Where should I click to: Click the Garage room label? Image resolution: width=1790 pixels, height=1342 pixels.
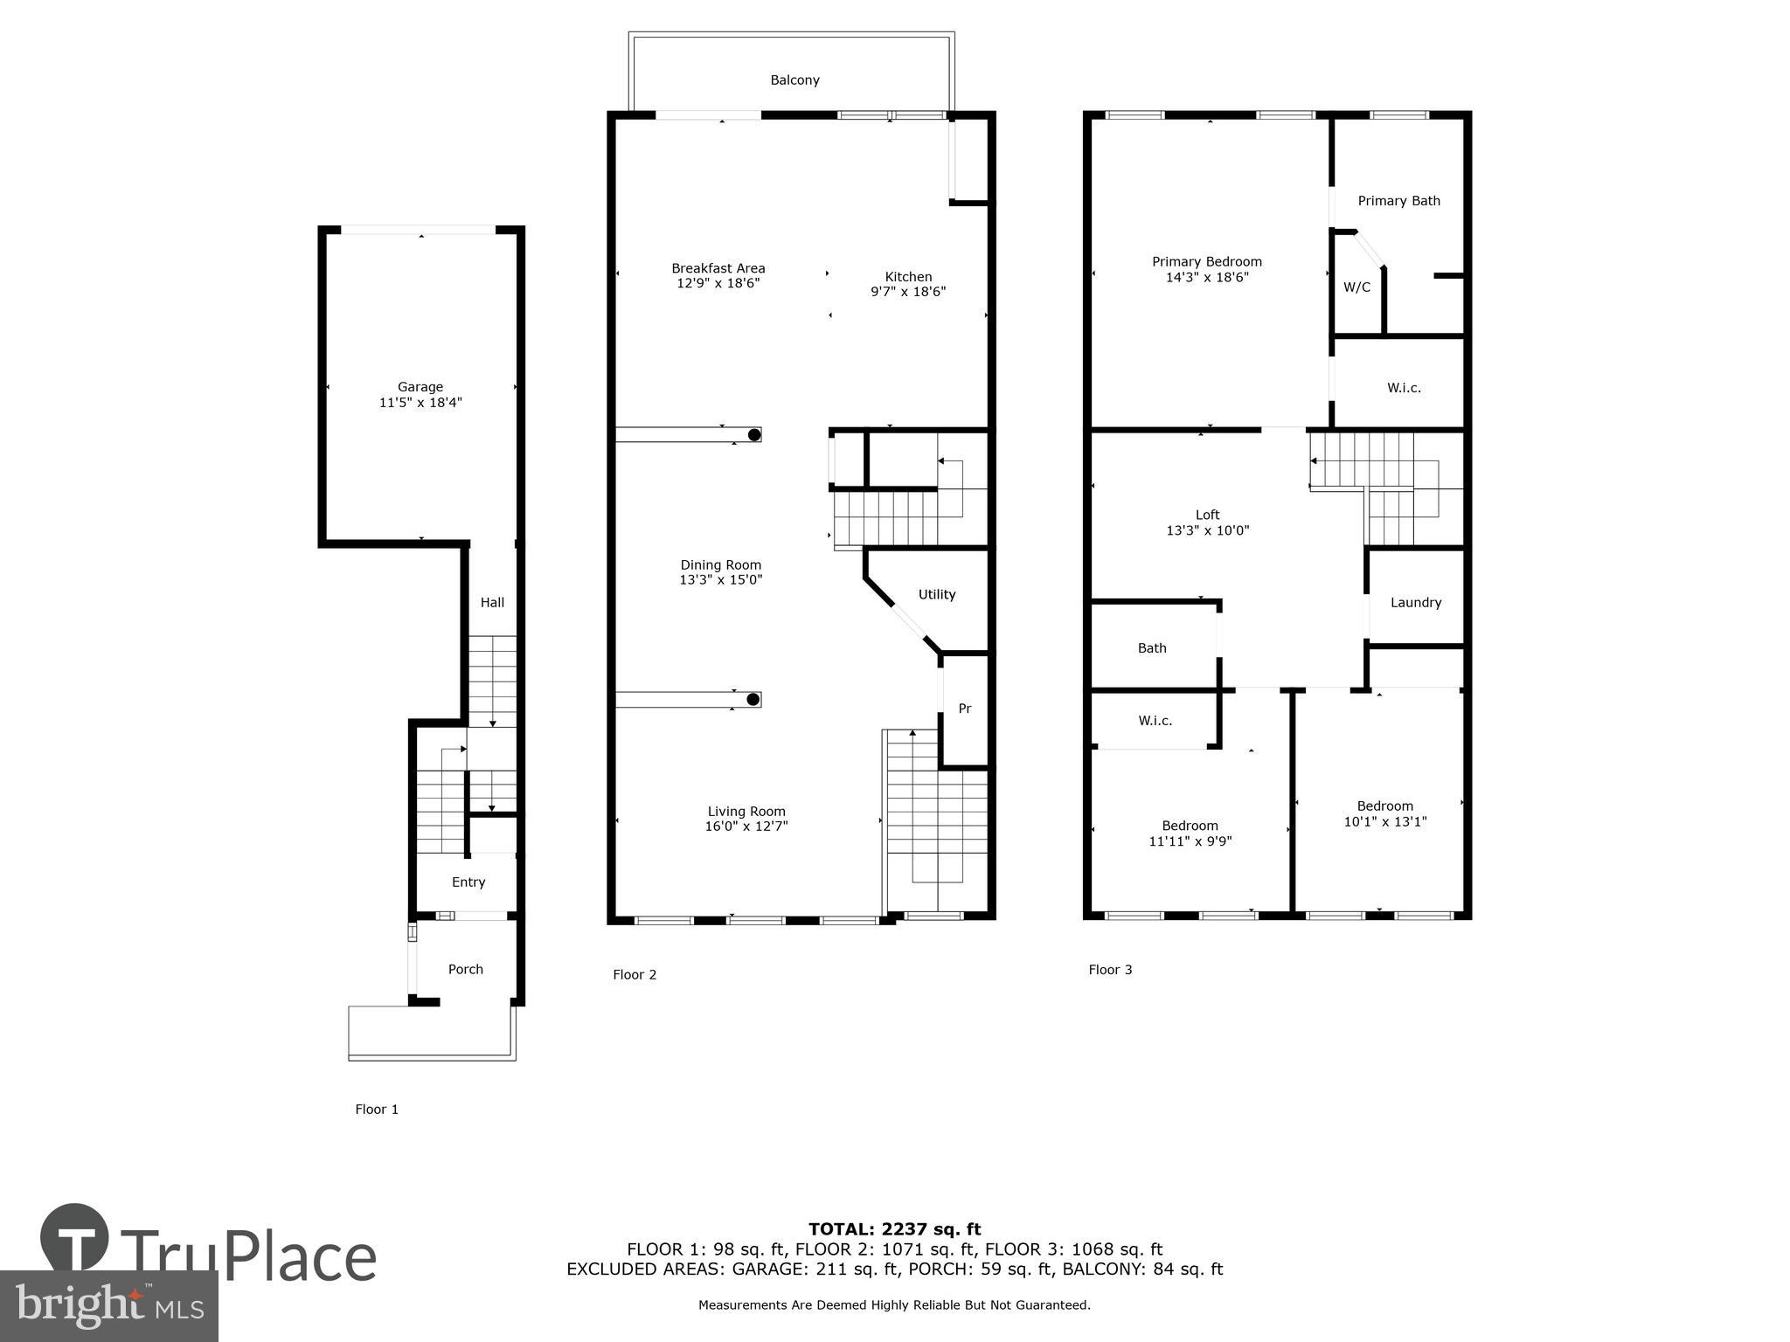420,387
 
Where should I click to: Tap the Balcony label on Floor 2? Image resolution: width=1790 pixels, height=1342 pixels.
794,80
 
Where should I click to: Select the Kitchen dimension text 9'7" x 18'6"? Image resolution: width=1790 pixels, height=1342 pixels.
908,293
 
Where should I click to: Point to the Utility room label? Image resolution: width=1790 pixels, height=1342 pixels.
936,595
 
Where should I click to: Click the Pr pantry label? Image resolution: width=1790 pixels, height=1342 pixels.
965,709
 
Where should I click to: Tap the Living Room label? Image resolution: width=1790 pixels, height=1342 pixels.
746,812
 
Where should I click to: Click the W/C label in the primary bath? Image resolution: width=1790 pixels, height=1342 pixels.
1356,287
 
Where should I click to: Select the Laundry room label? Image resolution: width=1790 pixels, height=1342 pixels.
1415,603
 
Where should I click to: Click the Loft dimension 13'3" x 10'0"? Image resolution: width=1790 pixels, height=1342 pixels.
1207,530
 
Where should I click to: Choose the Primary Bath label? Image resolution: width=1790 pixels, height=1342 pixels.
1398,201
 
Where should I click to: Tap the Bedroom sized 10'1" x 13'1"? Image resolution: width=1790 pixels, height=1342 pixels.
1384,814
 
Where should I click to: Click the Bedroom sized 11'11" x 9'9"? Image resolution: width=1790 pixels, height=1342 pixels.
1190,834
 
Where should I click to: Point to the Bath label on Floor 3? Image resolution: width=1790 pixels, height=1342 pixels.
1152,648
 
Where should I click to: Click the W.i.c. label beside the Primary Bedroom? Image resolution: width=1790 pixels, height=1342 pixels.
1404,388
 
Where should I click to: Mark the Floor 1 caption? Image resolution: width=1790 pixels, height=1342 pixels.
377,1110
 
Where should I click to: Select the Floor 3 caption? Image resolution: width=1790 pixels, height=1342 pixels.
1110,970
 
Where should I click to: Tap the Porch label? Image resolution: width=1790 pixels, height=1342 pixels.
465,970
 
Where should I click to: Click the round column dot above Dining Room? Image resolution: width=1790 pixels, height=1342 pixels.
754,434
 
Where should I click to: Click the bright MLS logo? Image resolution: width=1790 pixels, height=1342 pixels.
109,1305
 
